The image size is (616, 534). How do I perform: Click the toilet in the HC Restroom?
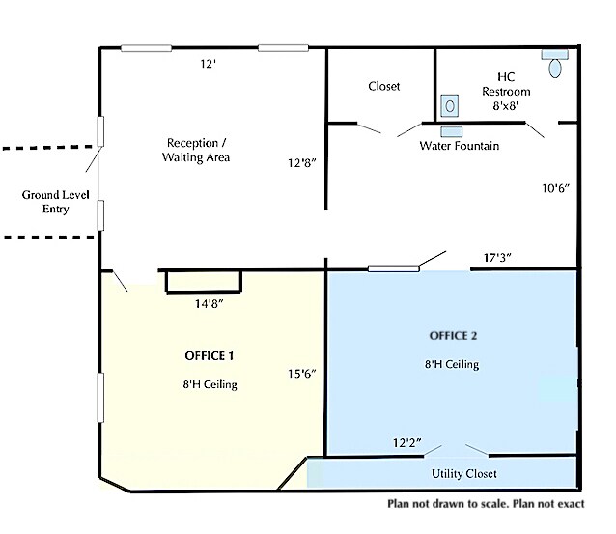click(x=555, y=64)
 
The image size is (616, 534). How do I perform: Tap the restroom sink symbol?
click(x=449, y=105)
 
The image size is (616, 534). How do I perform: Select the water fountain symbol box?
click(x=452, y=131)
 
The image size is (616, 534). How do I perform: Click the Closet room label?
click(x=384, y=86)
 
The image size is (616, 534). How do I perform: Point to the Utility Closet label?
click(x=464, y=474)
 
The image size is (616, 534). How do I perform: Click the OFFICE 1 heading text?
click(x=209, y=356)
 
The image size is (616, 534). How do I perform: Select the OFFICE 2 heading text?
click(x=453, y=336)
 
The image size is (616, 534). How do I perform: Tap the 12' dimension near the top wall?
click(x=209, y=64)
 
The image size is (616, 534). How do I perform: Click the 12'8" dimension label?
click(x=301, y=162)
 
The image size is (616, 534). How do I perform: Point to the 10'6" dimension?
click(x=555, y=188)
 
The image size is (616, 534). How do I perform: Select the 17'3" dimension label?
click(x=497, y=258)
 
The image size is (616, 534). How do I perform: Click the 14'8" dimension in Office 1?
click(x=209, y=304)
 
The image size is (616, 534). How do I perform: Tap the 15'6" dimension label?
click(x=301, y=374)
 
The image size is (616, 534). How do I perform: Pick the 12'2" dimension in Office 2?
click(x=407, y=443)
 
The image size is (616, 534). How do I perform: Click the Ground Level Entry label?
click(x=55, y=202)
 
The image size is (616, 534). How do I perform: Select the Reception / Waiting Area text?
click(x=196, y=150)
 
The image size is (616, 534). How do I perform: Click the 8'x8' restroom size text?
click(x=506, y=105)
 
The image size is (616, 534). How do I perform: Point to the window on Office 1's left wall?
click(x=100, y=398)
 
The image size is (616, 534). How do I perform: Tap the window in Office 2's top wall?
click(x=393, y=268)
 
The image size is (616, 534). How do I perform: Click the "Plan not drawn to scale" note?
click(x=486, y=504)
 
